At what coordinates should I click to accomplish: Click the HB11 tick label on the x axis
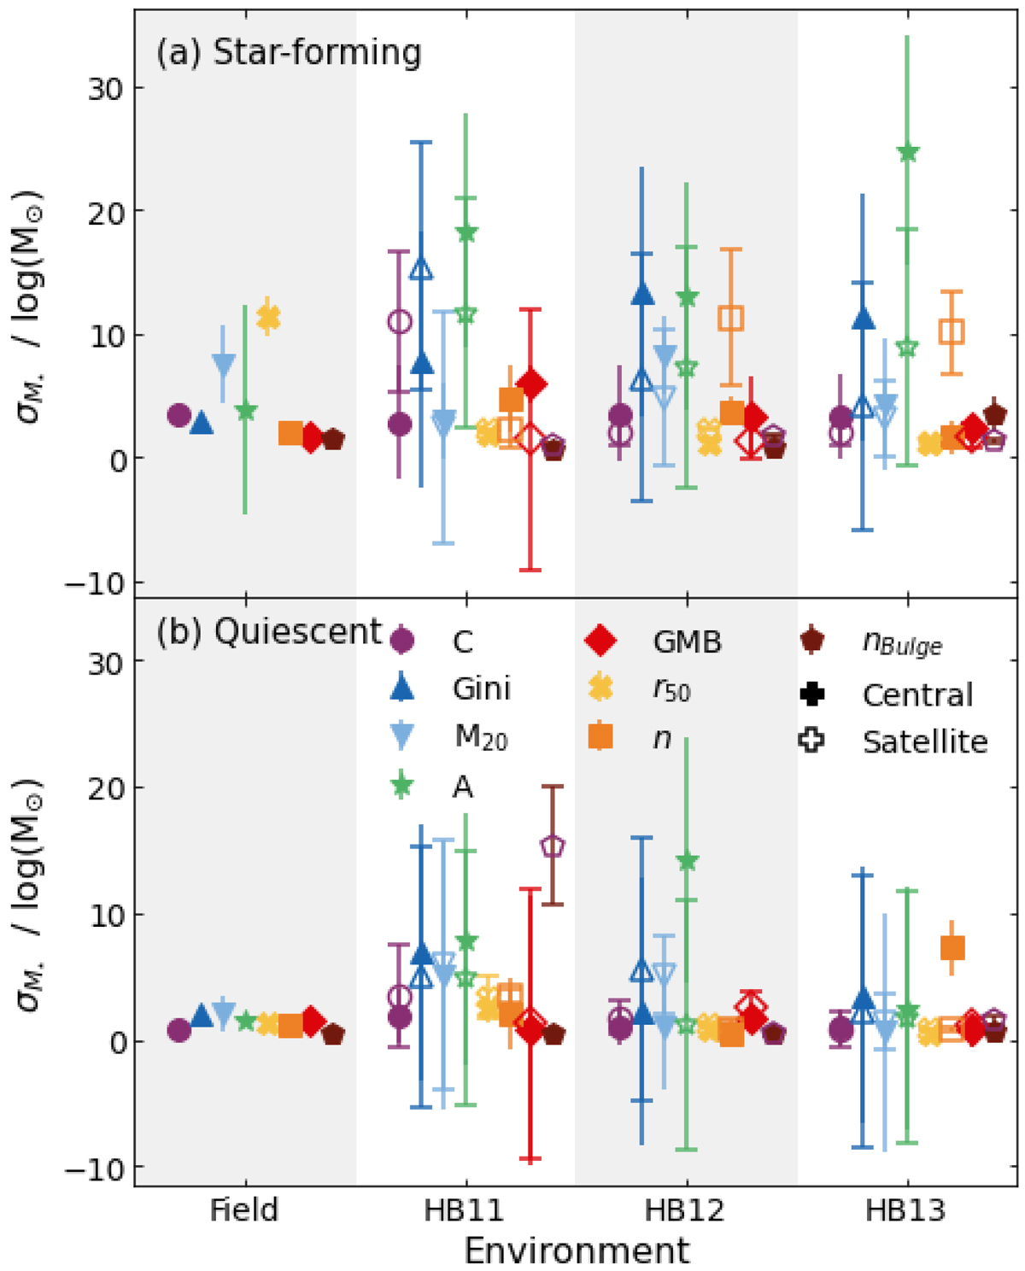465,1210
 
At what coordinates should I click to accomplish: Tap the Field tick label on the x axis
244,1210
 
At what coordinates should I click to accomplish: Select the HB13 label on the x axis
905,1210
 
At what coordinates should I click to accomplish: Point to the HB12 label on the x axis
685,1210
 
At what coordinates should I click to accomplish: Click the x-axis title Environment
577,1250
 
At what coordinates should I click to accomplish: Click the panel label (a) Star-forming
289,53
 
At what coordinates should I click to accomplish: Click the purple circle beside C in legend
401,641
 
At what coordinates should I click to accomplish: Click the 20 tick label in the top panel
105,211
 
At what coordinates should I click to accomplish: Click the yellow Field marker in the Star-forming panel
268,318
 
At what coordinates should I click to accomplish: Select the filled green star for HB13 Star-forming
907,153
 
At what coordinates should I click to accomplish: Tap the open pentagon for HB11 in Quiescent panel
553,846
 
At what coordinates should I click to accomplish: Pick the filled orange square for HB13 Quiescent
952,947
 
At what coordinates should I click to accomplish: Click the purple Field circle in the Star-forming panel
179,416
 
